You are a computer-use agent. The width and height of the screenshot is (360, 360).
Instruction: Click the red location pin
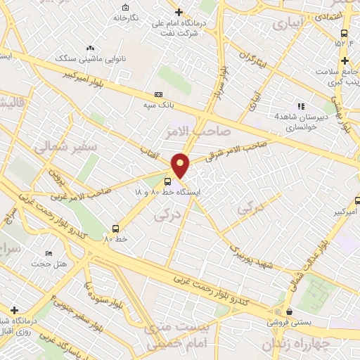pyautogui.click(x=181, y=165)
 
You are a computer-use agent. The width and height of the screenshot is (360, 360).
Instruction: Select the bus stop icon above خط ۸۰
pyautogui.click(x=115, y=228)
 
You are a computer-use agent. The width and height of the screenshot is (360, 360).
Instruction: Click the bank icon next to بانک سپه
pyautogui.click(x=158, y=94)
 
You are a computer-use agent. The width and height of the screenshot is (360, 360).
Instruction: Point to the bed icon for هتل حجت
pyautogui.click(x=48, y=253)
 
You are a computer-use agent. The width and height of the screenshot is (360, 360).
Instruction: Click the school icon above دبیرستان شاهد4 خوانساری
pyautogui.click(x=301, y=107)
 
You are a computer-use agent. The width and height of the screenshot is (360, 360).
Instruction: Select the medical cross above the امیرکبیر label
pyautogui.click(x=345, y=200)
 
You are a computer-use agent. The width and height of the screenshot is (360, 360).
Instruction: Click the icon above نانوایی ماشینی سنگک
pyautogui.click(x=89, y=48)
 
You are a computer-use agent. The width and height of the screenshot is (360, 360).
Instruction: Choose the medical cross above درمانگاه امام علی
pyautogui.click(x=179, y=12)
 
